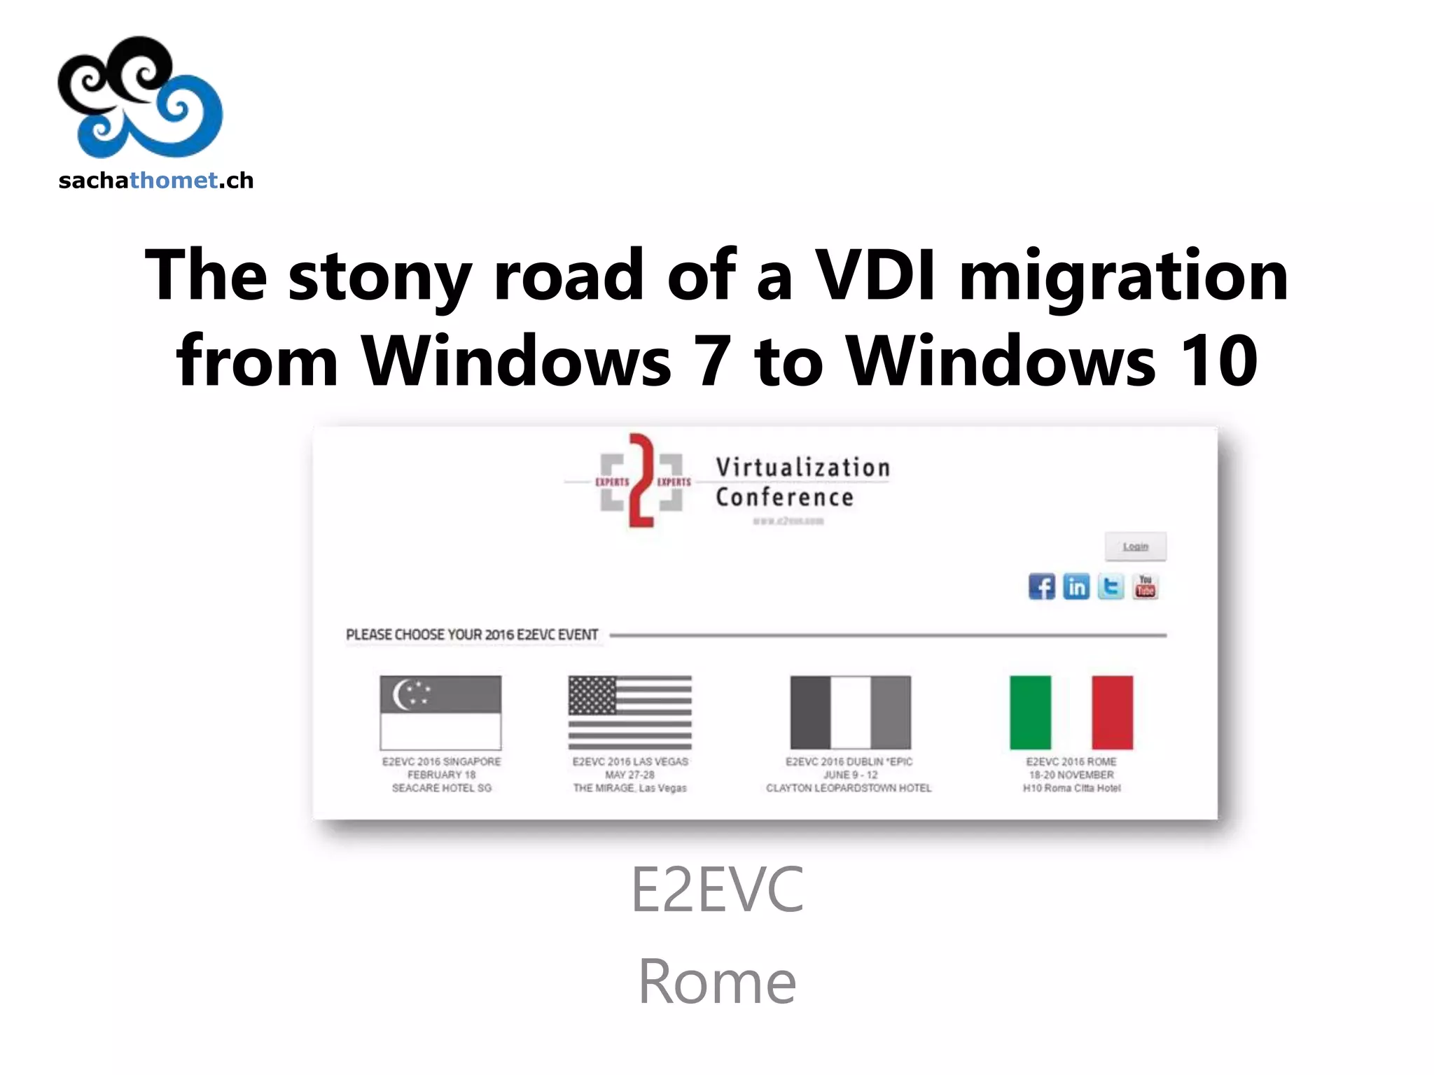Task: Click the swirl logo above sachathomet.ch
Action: (x=140, y=97)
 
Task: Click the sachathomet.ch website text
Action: (x=155, y=181)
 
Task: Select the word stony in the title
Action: (x=379, y=276)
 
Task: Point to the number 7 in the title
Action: (x=712, y=361)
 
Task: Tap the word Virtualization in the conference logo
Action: (x=802, y=467)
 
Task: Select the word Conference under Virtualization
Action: (x=784, y=498)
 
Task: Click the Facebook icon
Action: (x=1042, y=586)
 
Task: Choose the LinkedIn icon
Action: (x=1076, y=586)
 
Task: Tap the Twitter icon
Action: (x=1111, y=586)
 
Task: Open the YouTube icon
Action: (x=1146, y=586)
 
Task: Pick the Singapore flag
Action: (x=440, y=712)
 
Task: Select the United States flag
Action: (x=629, y=712)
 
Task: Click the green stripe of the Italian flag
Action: (x=1030, y=712)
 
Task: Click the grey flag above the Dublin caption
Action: (x=850, y=712)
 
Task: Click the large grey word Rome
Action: (x=717, y=981)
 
